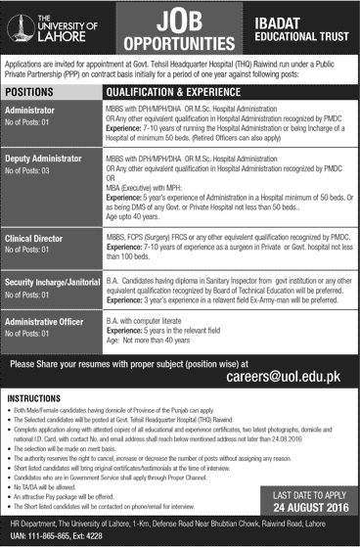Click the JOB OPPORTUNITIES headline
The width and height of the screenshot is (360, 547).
tap(179, 30)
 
